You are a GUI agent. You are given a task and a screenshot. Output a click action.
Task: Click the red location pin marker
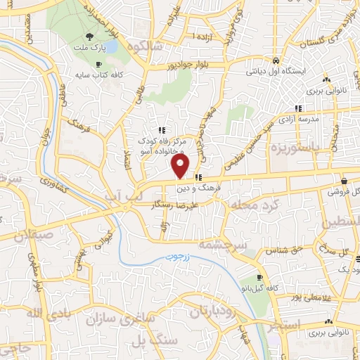pyautogui.click(x=181, y=166)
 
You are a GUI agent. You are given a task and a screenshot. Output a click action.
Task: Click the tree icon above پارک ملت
pyautogui.click(x=89, y=37)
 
